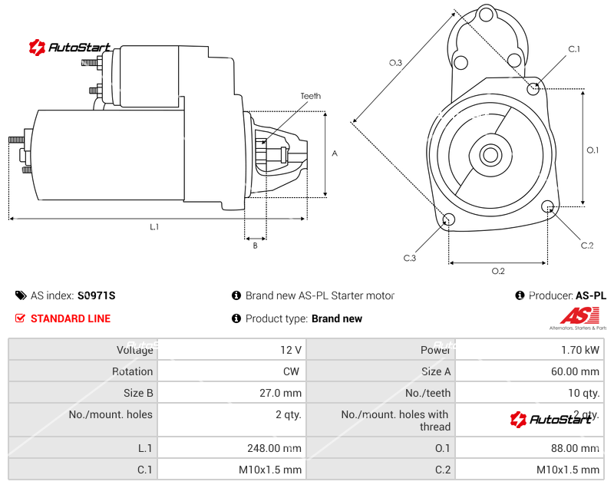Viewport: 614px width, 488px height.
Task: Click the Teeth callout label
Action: point(310,96)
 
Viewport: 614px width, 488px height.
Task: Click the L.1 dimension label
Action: point(154,226)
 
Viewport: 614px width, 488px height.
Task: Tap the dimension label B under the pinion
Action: point(255,246)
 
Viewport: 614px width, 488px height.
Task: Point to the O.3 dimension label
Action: point(395,63)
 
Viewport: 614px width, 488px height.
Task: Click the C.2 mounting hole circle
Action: point(548,206)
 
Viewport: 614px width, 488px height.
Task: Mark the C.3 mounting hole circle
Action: point(449,221)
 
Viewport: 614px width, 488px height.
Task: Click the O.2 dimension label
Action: point(497,271)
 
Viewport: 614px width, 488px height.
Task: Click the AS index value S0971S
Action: point(96,295)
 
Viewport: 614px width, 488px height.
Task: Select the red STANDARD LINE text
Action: point(71,318)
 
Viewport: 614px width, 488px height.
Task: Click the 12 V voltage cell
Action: point(291,350)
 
